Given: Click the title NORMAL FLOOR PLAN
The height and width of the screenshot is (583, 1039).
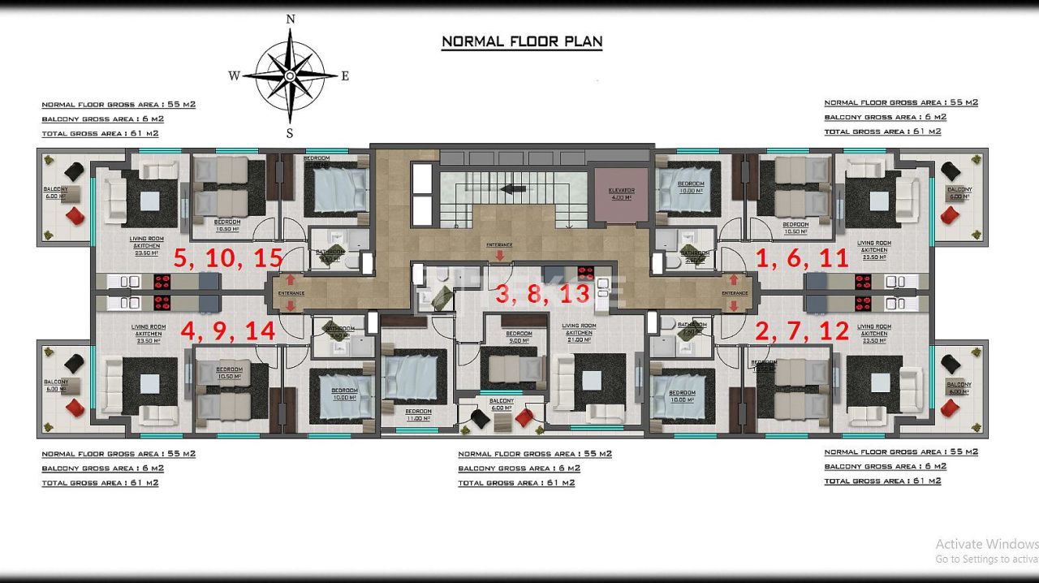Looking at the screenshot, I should point(521,41).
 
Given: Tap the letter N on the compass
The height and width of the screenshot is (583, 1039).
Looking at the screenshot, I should point(291,19).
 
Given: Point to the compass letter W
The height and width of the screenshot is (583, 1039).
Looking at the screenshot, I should point(234,76).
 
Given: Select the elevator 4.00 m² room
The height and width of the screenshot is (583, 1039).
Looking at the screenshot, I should point(621,195).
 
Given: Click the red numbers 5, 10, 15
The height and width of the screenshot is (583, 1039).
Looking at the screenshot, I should point(228,258).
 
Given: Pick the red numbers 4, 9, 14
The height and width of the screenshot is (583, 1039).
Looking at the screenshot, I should point(228,331).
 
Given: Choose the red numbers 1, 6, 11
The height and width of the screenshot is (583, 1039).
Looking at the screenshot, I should point(802,258).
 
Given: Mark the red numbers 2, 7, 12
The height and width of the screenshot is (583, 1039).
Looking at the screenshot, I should point(802,331).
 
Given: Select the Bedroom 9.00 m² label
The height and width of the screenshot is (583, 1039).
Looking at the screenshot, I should point(519,337).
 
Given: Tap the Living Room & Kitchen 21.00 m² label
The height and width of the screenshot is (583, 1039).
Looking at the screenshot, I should point(579,329).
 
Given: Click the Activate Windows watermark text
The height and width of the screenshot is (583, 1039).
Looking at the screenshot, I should point(986,544).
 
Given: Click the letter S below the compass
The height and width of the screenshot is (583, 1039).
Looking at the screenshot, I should point(290,133).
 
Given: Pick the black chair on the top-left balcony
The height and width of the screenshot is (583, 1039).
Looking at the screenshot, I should point(74,171).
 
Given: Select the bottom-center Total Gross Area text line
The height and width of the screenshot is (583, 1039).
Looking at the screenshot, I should point(516,483).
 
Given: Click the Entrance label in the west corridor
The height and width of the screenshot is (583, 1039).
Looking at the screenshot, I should point(291,293).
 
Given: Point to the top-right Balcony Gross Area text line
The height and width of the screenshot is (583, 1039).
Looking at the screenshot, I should point(885,117).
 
